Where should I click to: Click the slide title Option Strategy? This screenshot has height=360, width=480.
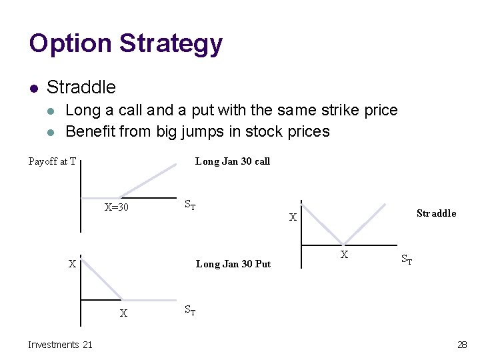[x=125, y=44]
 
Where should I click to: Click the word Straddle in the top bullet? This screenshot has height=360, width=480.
[x=81, y=87]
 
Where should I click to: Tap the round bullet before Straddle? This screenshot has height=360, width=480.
[x=33, y=88]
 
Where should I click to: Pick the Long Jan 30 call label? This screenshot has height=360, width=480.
[x=232, y=161]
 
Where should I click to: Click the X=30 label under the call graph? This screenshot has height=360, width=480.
[x=117, y=207]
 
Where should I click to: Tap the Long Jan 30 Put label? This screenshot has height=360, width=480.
[x=233, y=264]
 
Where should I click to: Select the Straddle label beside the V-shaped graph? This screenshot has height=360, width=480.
[x=436, y=213]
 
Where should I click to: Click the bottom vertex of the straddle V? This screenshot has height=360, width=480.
[x=343, y=245]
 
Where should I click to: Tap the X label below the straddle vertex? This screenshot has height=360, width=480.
[x=344, y=255]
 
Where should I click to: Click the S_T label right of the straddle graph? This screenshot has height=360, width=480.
[x=406, y=260]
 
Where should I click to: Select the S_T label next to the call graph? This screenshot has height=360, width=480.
[x=189, y=205]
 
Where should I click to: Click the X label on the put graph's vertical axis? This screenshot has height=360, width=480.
[x=72, y=264]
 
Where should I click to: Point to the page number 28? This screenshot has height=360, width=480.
[x=462, y=345]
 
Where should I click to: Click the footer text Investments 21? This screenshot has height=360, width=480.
[x=60, y=345]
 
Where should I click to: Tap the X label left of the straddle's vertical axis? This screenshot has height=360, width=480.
[x=292, y=217]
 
